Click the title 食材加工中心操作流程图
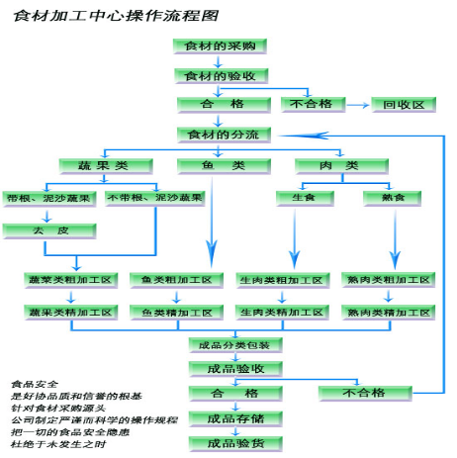click(x=117, y=16)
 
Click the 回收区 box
click(x=404, y=104)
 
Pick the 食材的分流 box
click(x=222, y=134)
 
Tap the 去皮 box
click(x=48, y=230)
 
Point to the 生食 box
click(x=303, y=198)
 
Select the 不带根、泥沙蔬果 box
click(x=154, y=198)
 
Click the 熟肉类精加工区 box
click(x=388, y=312)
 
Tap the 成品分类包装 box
click(x=235, y=345)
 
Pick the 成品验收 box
click(x=235, y=369)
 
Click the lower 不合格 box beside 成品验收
click(x=364, y=393)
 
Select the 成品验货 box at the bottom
click(x=235, y=442)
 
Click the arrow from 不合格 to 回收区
click(x=357, y=104)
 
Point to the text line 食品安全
click(x=35, y=383)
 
